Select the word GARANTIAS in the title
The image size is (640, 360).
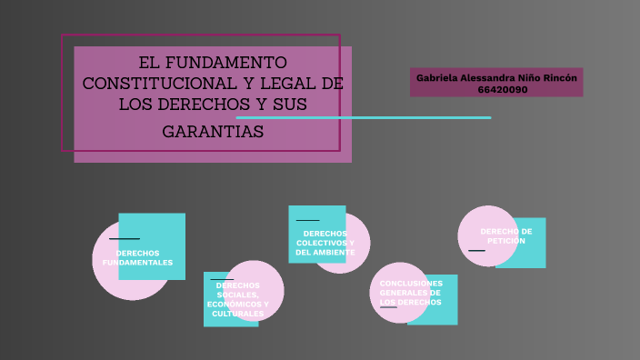(213, 132)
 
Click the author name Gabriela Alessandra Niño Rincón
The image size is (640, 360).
(496, 77)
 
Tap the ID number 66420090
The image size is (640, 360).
(502, 89)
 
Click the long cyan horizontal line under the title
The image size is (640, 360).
(364, 117)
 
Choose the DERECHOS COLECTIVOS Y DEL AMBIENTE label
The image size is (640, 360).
(325, 243)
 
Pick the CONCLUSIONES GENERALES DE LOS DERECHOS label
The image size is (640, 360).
(411, 293)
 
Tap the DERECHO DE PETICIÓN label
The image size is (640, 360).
(506, 235)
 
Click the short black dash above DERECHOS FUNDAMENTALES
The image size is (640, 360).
(124, 239)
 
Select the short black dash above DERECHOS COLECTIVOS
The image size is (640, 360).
(308, 220)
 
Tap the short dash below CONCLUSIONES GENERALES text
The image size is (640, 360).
(388, 307)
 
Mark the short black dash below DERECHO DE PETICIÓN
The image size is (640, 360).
(476, 250)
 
